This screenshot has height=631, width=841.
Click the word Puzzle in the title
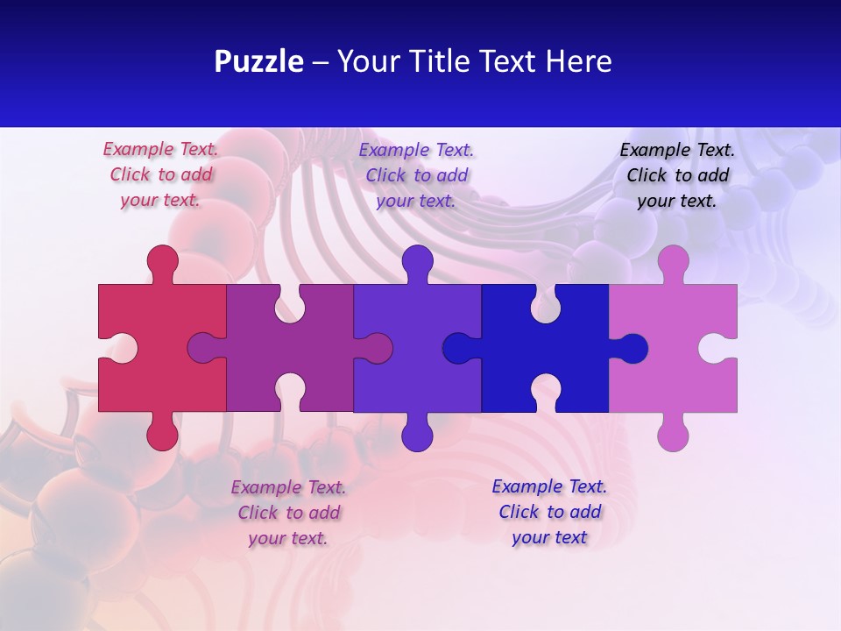[x=258, y=62]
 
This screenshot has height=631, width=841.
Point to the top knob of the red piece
[x=162, y=261]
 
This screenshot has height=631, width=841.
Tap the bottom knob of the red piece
[x=162, y=434]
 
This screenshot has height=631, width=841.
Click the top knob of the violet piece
[x=417, y=261]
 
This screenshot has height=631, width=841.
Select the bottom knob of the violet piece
[x=417, y=434]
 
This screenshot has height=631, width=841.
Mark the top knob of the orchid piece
[x=673, y=261]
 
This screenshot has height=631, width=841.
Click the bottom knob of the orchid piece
[x=673, y=434]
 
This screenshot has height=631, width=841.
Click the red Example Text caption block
[x=160, y=174]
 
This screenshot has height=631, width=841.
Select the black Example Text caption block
[x=677, y=175]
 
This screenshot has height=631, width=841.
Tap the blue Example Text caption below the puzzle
[x=549, y=512]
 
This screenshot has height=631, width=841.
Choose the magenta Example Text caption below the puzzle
[x=288, y=513]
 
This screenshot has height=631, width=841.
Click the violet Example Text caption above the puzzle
[x=416, y=175]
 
